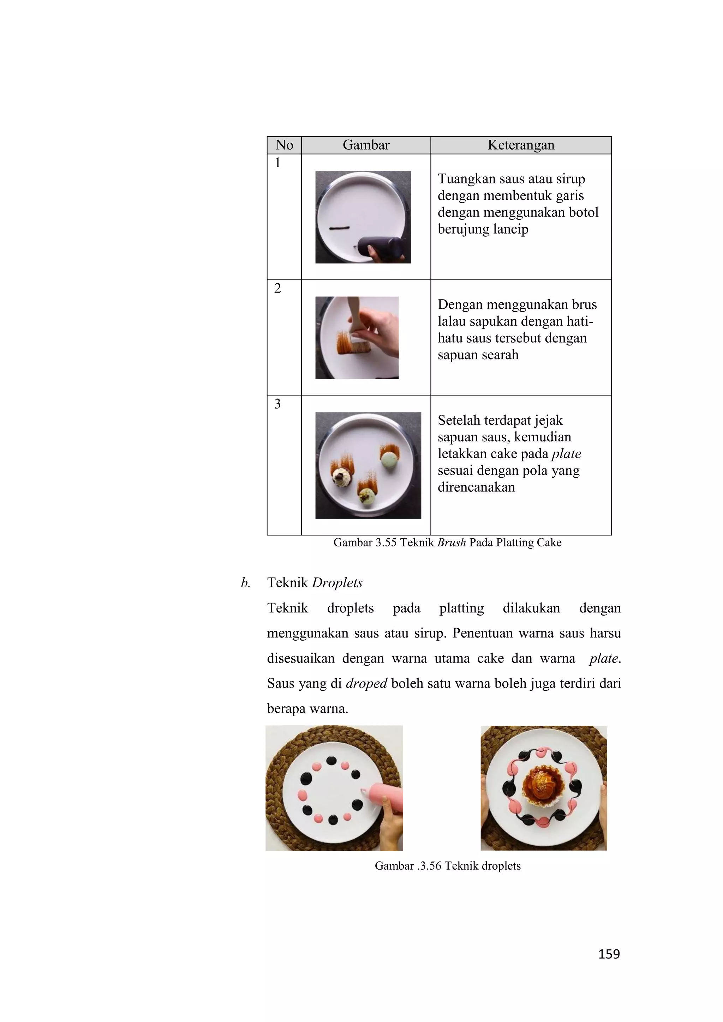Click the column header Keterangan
coord(520,145)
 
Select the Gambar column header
coord(366,145)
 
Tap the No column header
coord(284,145)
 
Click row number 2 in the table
coord(277,289)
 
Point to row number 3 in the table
coord(277,404)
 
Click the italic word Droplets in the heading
coord(337,583)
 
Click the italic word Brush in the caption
coord(451,543)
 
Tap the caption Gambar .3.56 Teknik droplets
coord(447,866)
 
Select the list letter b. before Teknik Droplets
coord(245,583)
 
